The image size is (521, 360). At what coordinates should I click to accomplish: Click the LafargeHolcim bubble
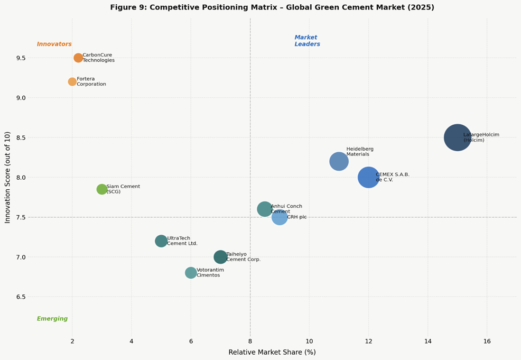tap(458, 137)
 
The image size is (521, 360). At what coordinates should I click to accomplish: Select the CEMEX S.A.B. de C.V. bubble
tap(368, 177)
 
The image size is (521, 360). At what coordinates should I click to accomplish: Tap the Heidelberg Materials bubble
tap(339, 161)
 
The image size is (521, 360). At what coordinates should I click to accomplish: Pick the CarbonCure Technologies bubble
tap(78, 58)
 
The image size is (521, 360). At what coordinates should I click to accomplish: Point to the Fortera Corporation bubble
tap(72, 81)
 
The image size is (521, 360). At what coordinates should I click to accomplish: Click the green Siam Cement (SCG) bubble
tap(102, 189)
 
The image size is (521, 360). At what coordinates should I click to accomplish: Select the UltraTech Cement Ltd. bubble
tap(161, 241)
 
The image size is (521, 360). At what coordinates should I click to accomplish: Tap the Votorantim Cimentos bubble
tap(191, 273)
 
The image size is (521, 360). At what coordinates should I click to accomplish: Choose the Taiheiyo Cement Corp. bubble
tap(220, 257)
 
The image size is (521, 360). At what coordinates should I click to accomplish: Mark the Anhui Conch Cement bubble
tap(264, 209)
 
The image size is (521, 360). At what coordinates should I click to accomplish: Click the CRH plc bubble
tap(280, 217)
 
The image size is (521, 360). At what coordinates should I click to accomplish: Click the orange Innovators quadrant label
tap(54, 44)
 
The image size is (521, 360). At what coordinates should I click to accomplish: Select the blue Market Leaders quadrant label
tap(307, 41)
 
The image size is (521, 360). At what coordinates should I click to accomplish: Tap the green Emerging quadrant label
tap(52, 319)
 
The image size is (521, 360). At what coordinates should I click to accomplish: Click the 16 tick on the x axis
tap(487, 341)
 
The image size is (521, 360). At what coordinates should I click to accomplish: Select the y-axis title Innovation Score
tap(7, 178)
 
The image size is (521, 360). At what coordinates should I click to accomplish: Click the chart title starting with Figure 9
tap(272, 7)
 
